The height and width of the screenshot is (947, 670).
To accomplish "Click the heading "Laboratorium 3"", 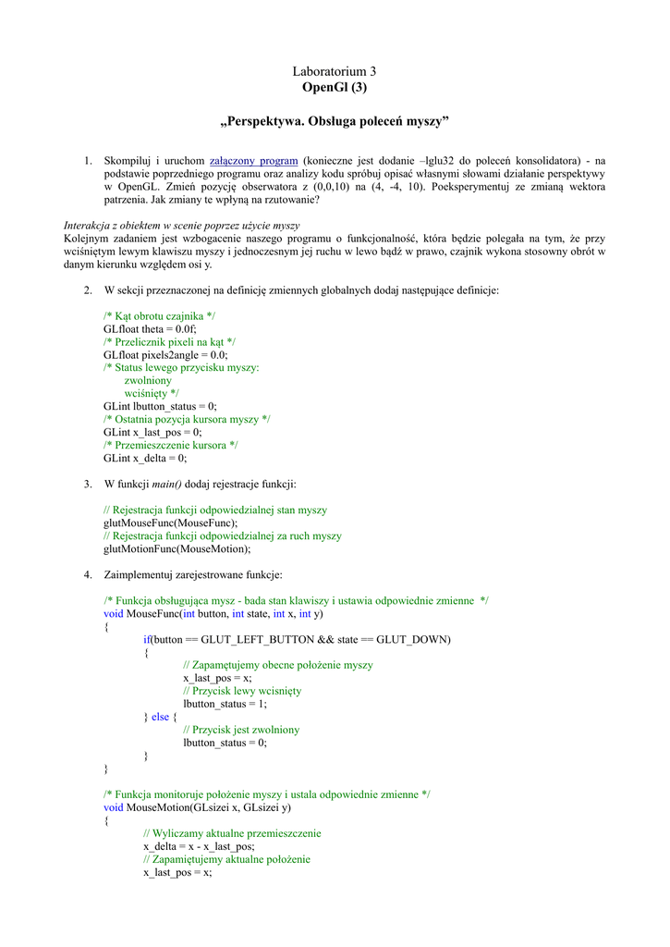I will pos(335,71).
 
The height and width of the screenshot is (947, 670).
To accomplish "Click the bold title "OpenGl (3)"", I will pos(335,88).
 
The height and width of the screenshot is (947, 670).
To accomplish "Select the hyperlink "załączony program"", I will pos(253,161).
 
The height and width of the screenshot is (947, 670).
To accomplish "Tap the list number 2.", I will pos(88,290).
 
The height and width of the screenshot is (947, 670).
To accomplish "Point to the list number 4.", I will pos(88,574).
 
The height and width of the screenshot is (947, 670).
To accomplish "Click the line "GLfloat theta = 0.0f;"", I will pos(150,329).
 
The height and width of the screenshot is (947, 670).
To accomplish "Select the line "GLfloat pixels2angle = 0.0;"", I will pos(165,355).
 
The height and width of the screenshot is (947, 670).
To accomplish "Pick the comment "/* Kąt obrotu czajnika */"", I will pos(160,316).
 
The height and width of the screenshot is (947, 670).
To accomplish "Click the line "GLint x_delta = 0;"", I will pos(145,458).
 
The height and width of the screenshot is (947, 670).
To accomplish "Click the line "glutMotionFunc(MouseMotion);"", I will pos(177,548).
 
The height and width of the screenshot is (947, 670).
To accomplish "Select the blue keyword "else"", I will pos(161,717).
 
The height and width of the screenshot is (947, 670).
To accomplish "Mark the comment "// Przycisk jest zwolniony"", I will pos(241,730).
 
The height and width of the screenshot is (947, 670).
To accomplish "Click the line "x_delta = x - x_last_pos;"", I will pos(199,846).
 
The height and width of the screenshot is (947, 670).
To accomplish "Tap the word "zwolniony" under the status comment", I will pos(148,380).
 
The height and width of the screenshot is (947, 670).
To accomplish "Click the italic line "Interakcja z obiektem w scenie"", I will pos(181,226).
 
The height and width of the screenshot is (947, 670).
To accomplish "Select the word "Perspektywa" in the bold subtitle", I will pos(269,122).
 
